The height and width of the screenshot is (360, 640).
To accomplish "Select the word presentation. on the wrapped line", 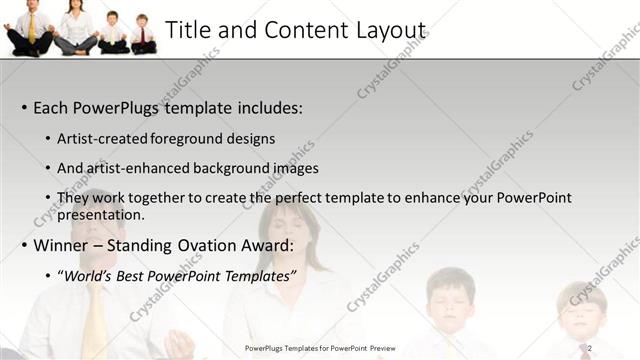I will click(x=101, y=214).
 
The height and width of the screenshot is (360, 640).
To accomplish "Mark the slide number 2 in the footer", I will click(x=590, y=348).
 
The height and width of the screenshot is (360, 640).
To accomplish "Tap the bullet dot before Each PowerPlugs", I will click(x=24, y=108).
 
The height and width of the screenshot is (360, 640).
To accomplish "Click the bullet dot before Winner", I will click(x=24, y=245).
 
